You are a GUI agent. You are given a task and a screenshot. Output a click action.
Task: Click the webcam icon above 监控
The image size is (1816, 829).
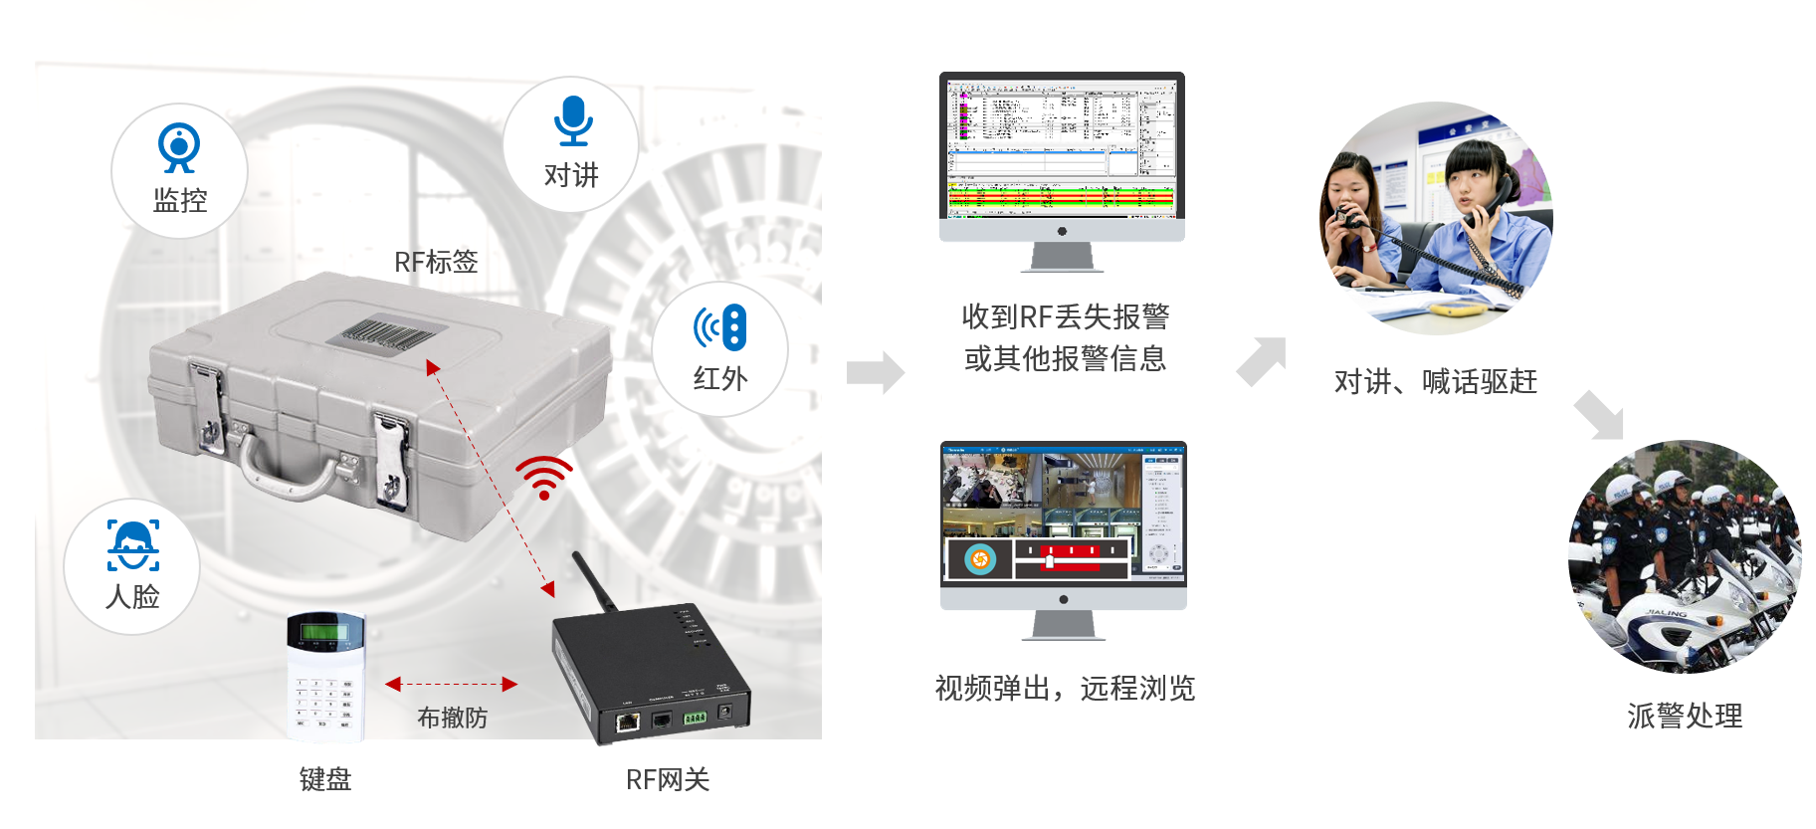click(179, 147)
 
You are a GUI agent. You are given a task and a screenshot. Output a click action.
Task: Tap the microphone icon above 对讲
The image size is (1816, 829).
click(573, 120)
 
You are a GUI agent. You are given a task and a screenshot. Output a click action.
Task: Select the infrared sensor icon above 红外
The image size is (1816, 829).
click(720, 327)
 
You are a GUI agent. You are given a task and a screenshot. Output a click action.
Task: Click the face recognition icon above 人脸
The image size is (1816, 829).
click(133, 545)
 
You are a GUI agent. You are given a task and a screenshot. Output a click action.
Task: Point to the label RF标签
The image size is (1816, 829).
click(436, 262)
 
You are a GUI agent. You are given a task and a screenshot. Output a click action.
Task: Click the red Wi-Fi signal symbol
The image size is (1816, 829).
click(544, 477)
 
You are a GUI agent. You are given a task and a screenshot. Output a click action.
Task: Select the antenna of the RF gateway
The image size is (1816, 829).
click(593, 581)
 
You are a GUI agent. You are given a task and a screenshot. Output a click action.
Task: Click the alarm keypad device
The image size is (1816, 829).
click(326, 676)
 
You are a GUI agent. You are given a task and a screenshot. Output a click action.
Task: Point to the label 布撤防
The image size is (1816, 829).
click(452, 718)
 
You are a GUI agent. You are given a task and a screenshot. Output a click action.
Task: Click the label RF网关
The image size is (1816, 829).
click(668, 780)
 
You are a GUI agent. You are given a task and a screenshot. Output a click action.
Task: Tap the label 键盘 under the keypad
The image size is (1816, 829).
click(325, 779)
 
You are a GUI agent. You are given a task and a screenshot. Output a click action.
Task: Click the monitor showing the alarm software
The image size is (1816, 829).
click(1062, 149)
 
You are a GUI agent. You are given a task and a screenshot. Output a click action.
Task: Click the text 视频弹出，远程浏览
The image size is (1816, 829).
click(1064, 688)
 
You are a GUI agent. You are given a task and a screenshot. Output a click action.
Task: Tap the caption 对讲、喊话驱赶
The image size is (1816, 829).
click(1435, 381)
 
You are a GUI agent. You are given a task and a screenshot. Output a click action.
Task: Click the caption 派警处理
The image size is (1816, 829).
click(1684, 716)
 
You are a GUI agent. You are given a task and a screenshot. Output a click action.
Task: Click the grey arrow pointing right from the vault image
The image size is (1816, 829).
click(875, 372)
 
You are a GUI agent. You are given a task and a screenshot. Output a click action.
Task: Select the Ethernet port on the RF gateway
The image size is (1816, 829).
click(628, 722)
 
